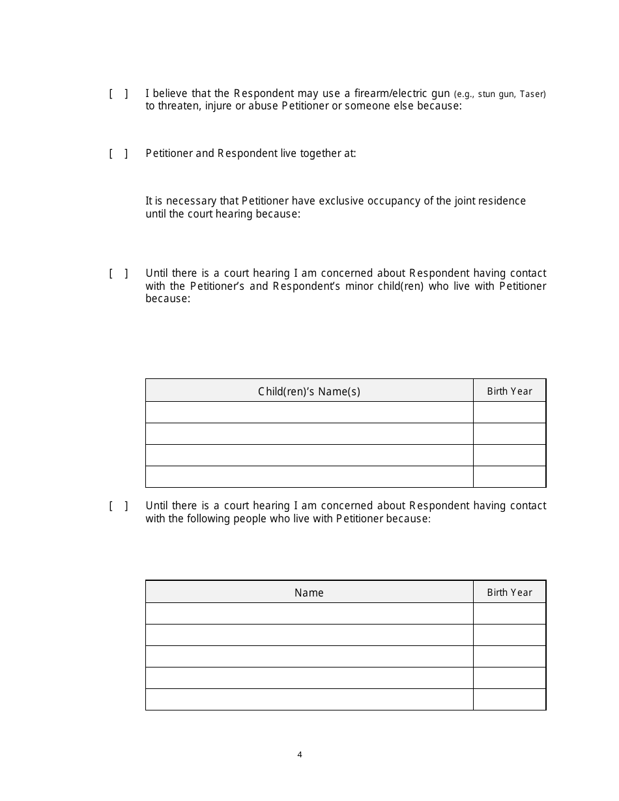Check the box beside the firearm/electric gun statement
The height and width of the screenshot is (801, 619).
click(x=118, y=94)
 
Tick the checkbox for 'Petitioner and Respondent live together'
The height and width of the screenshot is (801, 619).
click(x=118, y=154)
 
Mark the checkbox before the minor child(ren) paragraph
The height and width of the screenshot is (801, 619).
click(x=118, y=274)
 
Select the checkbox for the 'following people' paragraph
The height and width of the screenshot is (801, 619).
click(x=118, y=506)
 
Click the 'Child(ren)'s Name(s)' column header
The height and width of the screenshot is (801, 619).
click(x=309, y=391)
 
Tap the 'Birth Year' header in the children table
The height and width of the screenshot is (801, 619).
click(x=510, y=391)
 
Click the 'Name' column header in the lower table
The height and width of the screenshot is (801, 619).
click(x=309, y=593)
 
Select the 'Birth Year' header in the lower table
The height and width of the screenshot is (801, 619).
click(x=510, y=593)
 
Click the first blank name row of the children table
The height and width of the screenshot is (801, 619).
click(x=309, y=412)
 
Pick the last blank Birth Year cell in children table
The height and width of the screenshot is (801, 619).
click(x=510, y=477)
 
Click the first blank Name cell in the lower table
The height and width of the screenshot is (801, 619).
click(x=309, y=613)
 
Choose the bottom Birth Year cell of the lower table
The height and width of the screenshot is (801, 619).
click(x=510, y=699)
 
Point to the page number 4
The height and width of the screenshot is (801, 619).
click(x=300, y=755)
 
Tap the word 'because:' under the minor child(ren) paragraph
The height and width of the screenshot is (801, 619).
click(x=167, y=299)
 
